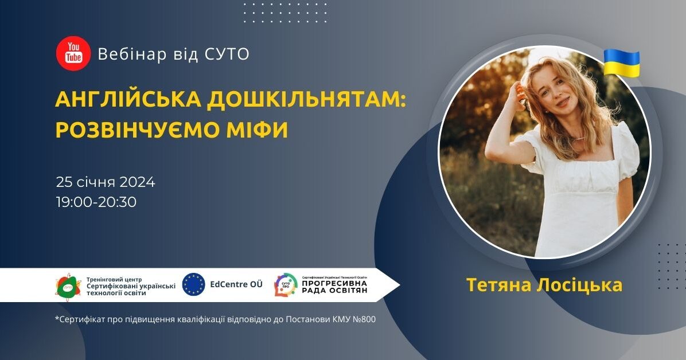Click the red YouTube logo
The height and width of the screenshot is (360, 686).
click(x=73, y=53)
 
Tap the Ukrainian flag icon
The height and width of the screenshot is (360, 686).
click(x=621, y=62)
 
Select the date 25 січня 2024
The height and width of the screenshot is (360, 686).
click(x=106, y=182)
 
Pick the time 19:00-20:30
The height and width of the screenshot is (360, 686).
click(x=96, y=202)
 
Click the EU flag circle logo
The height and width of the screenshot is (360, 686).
click(x=193, y=284)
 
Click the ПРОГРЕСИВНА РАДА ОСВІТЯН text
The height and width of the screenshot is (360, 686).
click(x=334, y=286)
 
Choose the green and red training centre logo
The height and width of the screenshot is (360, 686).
click(x=68, y=285)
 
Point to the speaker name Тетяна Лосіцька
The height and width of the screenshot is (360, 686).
click(x=544, y=285)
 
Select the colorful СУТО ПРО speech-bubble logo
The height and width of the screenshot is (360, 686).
click(x=285, y=285)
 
